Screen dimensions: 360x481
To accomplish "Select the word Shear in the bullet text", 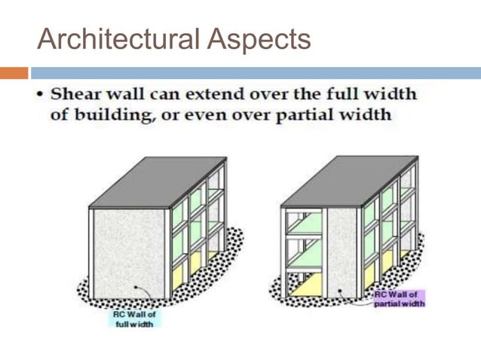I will coord(77,96).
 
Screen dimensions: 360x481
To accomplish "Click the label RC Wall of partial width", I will coord(399,298).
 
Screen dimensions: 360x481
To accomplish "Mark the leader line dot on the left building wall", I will coord(135,288).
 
